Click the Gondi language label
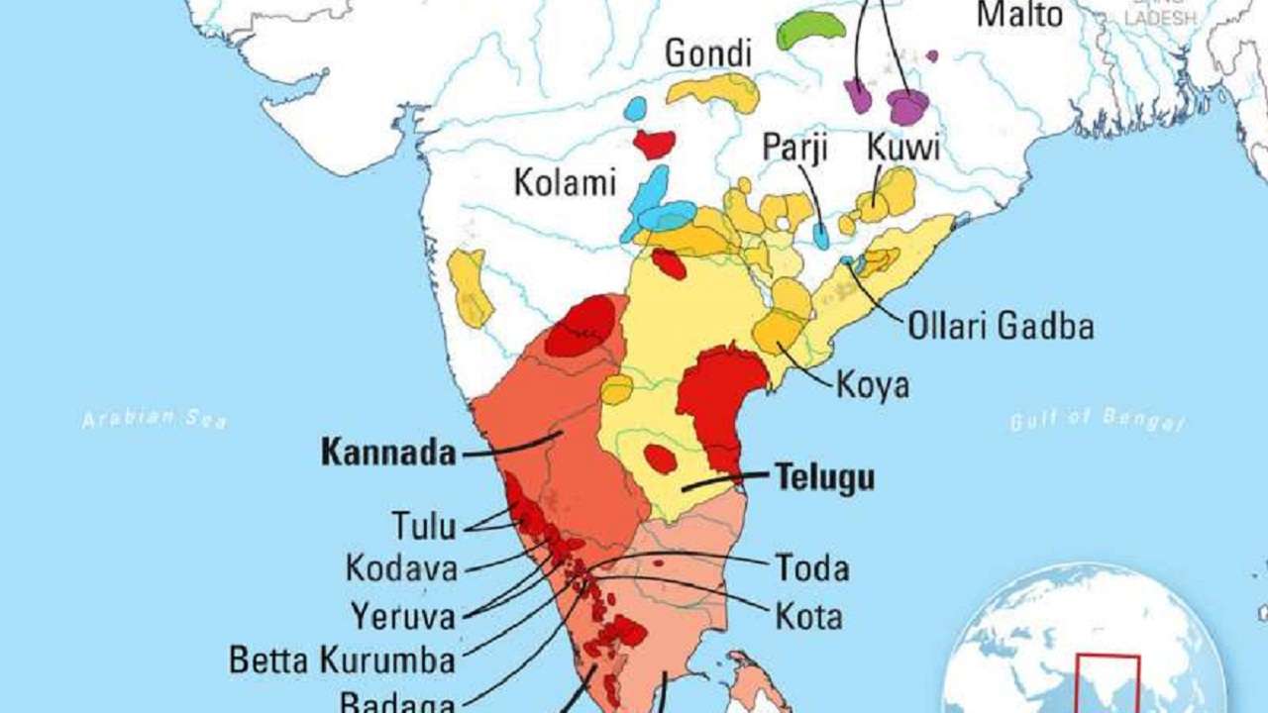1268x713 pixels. pyautogui.click(x=707, y=54)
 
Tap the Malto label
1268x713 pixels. pyautogui.click(x=1019, y=15)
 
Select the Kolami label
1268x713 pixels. pyautogui.click(x=565, y=182)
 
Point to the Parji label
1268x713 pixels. pyautogui.click(x=794, y=149)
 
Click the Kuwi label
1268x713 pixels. pyautogui.click(x=902, y=149)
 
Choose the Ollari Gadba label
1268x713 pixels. pyautogui.click(x=1001, y=326)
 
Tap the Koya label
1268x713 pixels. pyautogui.click(x=872, y=384)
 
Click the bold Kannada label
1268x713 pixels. pyautogui.click(x=388, y=454)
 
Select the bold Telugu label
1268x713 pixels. pyautogui.click(x=824, y=477)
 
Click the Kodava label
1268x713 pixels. pyautogui.click(x=401, y=569)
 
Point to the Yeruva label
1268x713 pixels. pyautogui.click(x=402, y=616)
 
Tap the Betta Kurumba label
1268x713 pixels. pyautogui.click(x=342, y=660)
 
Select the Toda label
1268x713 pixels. pyautogui.click(x=811, y=568)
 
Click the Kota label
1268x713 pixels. pyautogui.click(x=808, y=617)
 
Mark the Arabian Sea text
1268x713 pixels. pyautogui.click(x=155, y=419)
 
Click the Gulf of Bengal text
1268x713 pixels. pyautogui.click(x=1097, y=420)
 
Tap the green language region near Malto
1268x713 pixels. pyautogui.click(x=810, y=30)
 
